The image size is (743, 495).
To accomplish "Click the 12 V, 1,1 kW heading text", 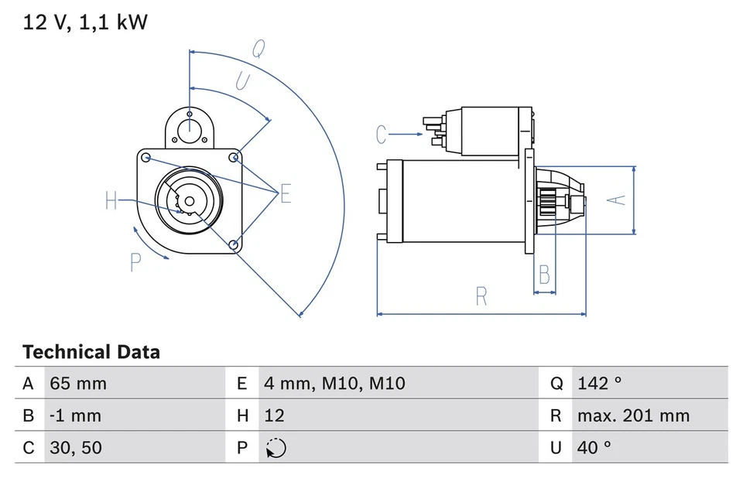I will click(85, 22).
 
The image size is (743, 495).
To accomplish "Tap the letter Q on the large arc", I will click(259, 49).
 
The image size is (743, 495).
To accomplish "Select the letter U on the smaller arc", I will click(242, 81).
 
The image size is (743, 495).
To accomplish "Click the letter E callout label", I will click(286, 193).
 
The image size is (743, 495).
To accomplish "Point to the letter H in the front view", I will click(112, 202).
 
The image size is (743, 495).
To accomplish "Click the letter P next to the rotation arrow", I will click(135, 263).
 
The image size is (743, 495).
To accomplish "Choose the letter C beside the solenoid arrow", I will click(381, 135).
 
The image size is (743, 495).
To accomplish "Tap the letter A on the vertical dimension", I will click(616, 200).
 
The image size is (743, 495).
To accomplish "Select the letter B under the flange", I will click(545, 275).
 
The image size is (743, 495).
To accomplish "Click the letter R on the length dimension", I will click(481, 296).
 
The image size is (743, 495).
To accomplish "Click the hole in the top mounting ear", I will click(190, 128).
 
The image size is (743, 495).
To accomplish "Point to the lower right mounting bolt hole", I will click(234, 245).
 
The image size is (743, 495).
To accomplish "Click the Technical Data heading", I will click(91, 353).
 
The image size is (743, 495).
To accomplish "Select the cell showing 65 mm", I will click(78, 384).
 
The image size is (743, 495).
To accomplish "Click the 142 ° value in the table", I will click(599, 384).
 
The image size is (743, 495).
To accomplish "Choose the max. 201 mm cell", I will click(632, 416).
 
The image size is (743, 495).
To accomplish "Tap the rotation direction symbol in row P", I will click(276, 449).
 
